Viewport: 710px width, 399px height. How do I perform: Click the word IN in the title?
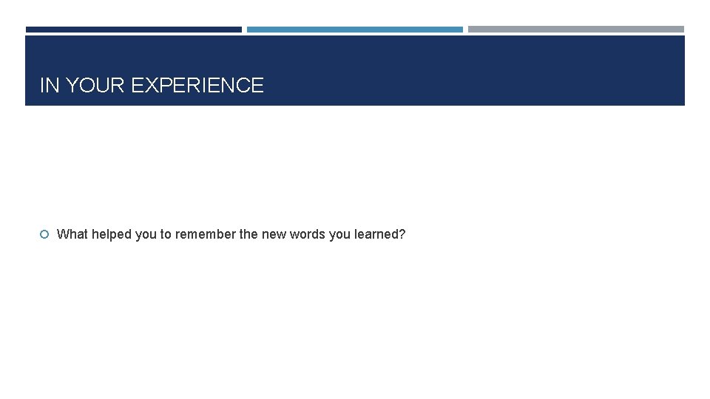50,86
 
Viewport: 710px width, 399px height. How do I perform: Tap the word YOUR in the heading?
95,86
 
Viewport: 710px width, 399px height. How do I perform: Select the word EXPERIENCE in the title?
197,86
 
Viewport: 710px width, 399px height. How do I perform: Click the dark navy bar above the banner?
133,30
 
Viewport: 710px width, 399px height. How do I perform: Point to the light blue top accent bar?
354,30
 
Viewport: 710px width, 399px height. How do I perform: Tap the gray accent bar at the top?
575,30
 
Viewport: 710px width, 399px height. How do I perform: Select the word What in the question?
72,234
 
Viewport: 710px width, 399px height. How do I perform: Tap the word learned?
376,234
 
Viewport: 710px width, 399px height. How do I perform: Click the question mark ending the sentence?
402,234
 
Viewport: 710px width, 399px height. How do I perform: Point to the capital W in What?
62,234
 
